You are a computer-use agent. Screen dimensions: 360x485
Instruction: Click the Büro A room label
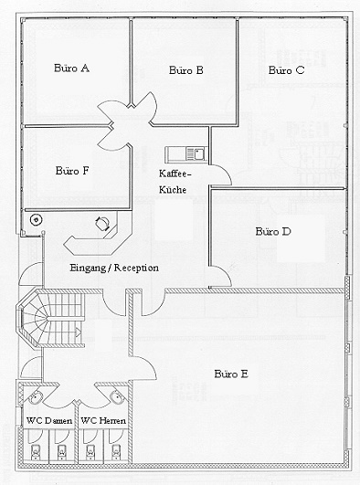(x=71, y=69)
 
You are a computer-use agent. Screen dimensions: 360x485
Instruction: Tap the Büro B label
(x=186, y=70)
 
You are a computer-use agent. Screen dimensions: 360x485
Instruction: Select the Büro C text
(x=286, y=70)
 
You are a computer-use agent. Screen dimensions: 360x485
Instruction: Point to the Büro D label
(x=273, y=231)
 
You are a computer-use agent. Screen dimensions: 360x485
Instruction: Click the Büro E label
(x=231, y=374)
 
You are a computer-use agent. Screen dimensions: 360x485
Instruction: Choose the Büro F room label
(x=72, y=171)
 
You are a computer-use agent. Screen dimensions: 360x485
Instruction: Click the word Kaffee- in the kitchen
(x=175, y=174)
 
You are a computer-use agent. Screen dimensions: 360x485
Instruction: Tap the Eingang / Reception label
(x=114, y=268)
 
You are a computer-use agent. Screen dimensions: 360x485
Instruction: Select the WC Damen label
(x=49, y=421)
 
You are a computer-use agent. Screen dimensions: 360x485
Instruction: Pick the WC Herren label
(x=103, y=421)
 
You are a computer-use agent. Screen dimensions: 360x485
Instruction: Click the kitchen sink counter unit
(x=185, y=154)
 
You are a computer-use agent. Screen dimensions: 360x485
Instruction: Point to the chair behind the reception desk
(x=102, y=224)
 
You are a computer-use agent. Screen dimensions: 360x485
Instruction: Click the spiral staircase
(x=51, y=318)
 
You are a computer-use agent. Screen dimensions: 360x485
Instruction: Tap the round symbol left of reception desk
(x=37, y=220)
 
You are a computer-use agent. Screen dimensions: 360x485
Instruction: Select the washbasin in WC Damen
(x=36, y=397)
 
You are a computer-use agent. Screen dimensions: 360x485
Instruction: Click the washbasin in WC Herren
(x=117, y=397)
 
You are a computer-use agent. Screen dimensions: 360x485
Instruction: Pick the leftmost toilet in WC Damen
(x=36, y=452)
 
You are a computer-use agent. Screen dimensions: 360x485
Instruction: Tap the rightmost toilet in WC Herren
(x=116, y=452)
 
